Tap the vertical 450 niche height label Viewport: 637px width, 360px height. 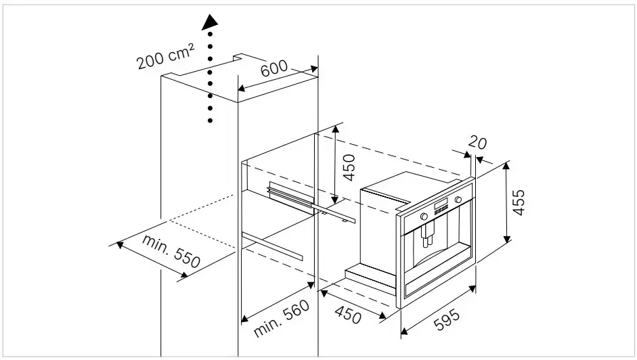tap(349, 166)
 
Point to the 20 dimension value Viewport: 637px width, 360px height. tap(477, 143)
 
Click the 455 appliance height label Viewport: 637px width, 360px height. tap(519, 202)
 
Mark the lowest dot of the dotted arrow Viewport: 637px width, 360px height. tap(211, 121)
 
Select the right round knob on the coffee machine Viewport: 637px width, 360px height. tap(458, 200)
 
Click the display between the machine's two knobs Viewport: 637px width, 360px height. tap(441, 208)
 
